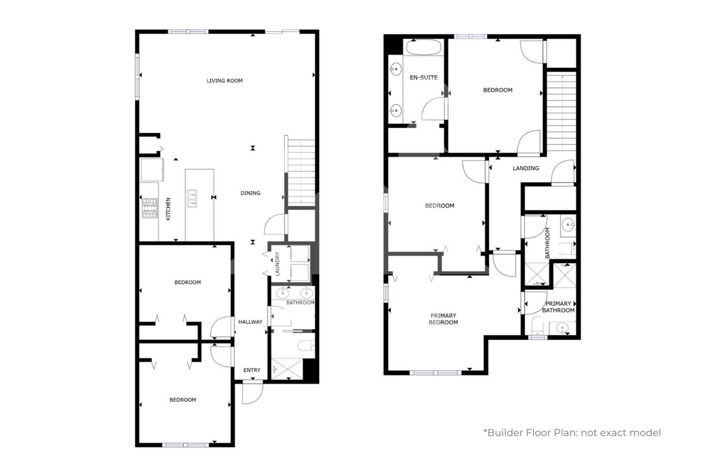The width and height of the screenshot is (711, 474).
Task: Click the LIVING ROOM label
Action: point(225,80)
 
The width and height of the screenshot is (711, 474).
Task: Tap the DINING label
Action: point(250,193)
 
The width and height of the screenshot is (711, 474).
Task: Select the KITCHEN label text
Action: point(168,209)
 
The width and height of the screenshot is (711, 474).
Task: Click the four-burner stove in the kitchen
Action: point(149,208)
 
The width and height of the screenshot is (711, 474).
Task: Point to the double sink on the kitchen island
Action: point(192,198)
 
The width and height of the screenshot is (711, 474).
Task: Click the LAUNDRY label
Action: point(277,264)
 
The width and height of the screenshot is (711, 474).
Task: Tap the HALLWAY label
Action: point(250,322)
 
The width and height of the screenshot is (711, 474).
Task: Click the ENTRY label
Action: point(252,370)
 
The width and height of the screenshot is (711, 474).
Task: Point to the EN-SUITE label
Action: point(424,78)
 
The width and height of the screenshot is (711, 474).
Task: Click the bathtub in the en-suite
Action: point(424,48)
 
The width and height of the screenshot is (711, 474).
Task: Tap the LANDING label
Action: point(526,168)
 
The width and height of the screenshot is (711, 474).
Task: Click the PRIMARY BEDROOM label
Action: point(443,319)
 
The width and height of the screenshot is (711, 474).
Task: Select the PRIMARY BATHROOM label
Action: point(558,307)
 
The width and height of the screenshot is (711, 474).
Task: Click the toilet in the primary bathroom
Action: point(537,326)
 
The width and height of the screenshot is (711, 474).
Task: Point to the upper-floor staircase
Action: point(561,111)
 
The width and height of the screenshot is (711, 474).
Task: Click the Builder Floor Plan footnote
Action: point(572,433)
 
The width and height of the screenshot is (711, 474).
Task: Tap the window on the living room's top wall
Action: point(188,32)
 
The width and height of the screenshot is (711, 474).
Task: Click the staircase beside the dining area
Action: point(301,171)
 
